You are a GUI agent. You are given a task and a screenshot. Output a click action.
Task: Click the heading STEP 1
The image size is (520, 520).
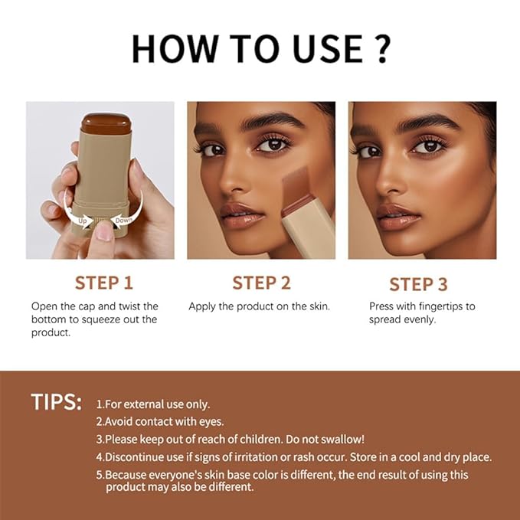(x=108, y=283)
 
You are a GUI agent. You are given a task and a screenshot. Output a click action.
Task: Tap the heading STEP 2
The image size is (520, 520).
(x=261, y=283)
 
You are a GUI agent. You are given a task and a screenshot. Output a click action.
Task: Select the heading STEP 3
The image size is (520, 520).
(x=418, y=284)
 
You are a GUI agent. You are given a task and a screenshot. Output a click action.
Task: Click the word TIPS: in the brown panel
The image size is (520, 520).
(x=56, y=403)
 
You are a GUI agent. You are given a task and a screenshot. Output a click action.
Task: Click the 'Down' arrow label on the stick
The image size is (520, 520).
(x=124, y=220)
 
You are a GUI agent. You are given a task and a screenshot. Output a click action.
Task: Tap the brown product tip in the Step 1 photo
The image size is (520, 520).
(x=106, y=121)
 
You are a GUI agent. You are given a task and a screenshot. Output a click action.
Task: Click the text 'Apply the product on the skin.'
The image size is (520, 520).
(x=259, y=306)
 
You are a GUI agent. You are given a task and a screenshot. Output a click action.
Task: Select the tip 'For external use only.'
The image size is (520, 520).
(x=157, y=404)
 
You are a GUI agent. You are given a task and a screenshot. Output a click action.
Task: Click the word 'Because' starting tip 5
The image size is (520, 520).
(x=128, y=474)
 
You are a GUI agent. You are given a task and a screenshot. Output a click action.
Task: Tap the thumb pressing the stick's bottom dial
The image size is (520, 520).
(x=103, y=230)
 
